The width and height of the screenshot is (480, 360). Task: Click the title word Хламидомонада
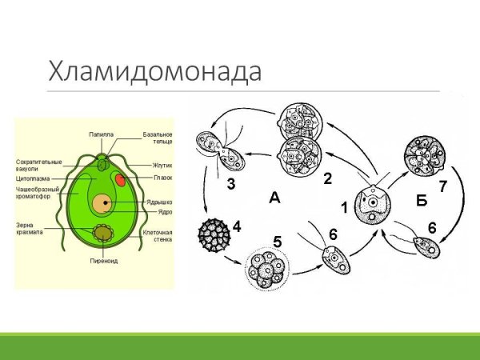(x=155, y=70)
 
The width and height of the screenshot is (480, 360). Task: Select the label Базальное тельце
(x=157, y=137)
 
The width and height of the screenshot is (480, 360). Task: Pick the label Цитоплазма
(x=33, y=181)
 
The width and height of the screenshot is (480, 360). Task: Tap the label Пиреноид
(x=104, y=261)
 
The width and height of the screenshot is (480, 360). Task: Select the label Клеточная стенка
(x=158, y=235)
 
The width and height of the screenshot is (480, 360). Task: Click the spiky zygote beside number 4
(x=213, y=236)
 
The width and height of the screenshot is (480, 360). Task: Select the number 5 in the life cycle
(x=277, y=240)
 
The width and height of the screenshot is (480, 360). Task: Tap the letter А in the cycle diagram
(x=274, y=198)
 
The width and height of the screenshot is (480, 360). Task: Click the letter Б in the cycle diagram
(x=421, y=200)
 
